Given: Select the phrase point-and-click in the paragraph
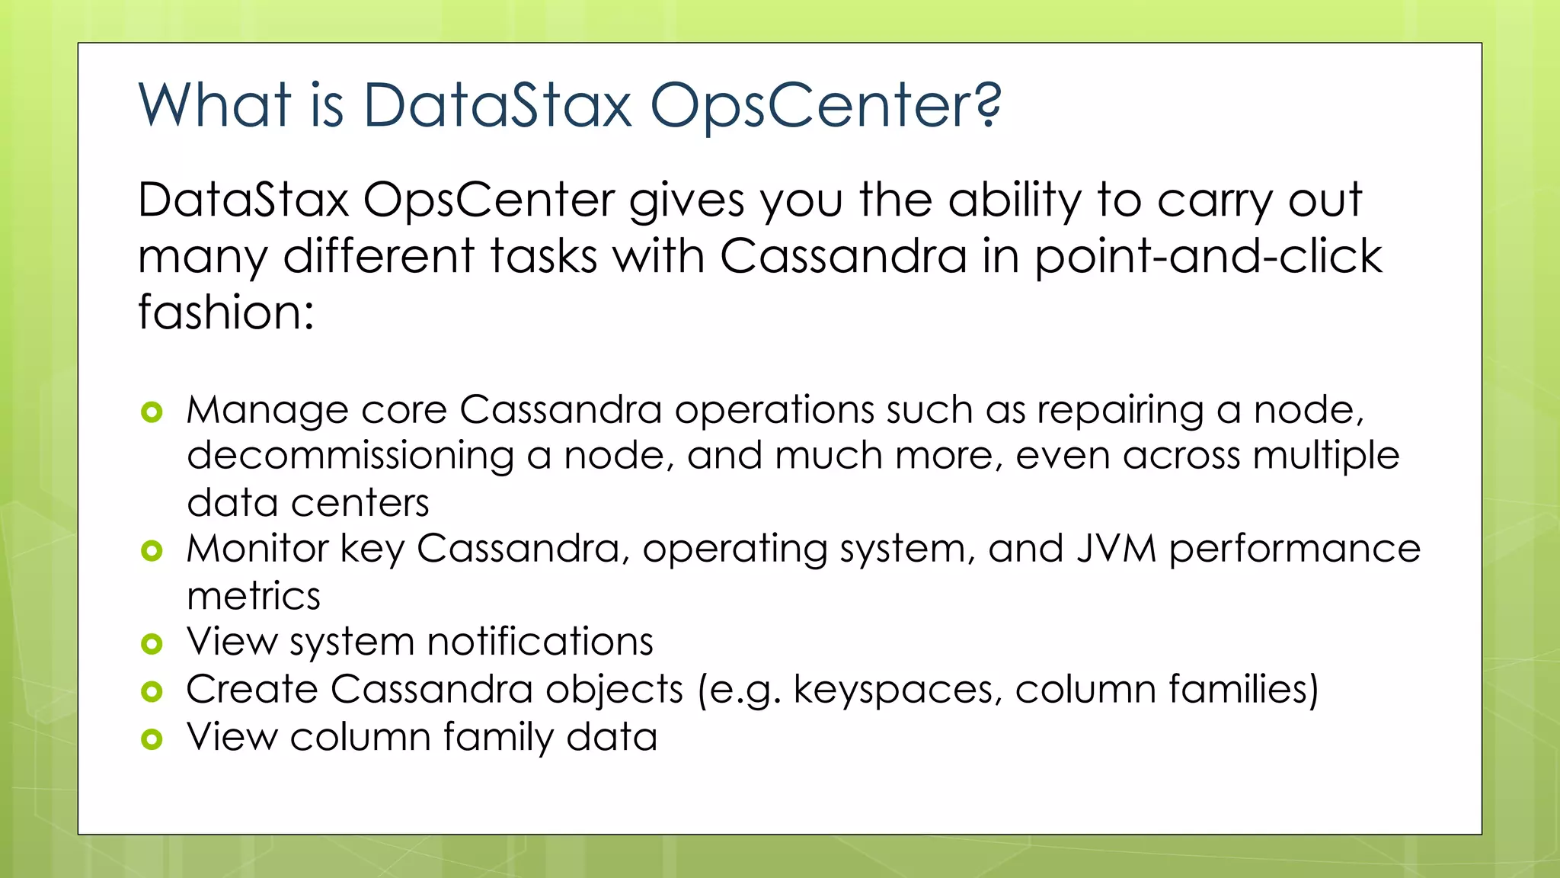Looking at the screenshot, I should click(x=1207, y=256).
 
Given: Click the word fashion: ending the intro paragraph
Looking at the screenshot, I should click(x=225, y=312).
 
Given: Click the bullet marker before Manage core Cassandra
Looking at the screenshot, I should click(x=152, y=412).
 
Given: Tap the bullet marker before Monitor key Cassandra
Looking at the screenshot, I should click(x=152, y=550).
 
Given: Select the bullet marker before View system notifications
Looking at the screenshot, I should click(x=152, y=644).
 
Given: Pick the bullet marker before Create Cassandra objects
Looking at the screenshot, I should click(x=152, y=691).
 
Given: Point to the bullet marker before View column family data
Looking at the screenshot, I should click(x=152, y=739).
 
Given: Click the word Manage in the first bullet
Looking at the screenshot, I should click(x=267, y=412).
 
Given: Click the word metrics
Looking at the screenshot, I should click(x=254, y=596).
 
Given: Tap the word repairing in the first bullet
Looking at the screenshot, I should click(x=1120, y=412).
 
